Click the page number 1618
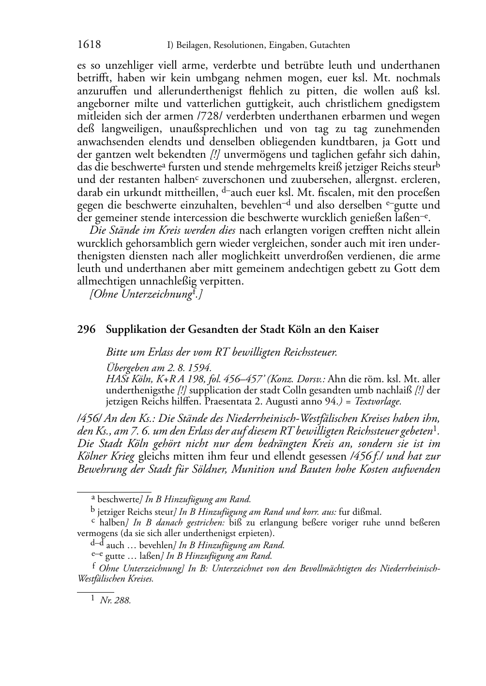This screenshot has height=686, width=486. pyautogui.click(x=89, y=45)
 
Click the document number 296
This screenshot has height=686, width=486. pyautogui.click(x=86, y=329)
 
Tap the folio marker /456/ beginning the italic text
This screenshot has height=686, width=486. pyautogui.click(x=87, y=418)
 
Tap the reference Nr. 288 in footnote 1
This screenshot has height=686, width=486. pyautogui.click(x=115, y=601)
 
